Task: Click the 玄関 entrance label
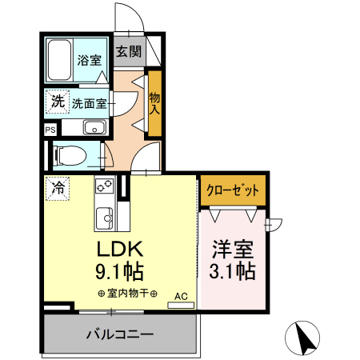[129, 51]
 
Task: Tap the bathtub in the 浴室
[59, 60]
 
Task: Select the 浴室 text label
[90, 60]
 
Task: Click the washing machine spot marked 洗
[58, 102]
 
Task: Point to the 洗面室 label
[90, 103]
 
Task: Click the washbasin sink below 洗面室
[94, 127]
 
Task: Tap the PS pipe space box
[50, 130]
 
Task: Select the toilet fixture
[70, 155]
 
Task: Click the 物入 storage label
[154, 103]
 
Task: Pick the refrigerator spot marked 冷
[58, 189]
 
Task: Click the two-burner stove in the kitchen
[104, 186]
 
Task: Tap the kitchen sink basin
[104, 218]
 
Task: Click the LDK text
[120, 249]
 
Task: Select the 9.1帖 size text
[120, 271]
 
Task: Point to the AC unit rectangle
[181, 306]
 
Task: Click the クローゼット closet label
[233, 190]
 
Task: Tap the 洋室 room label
[233, 250]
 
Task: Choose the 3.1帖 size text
[233, 271]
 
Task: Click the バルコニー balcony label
[120, 334]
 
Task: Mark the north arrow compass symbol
[302, 338]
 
